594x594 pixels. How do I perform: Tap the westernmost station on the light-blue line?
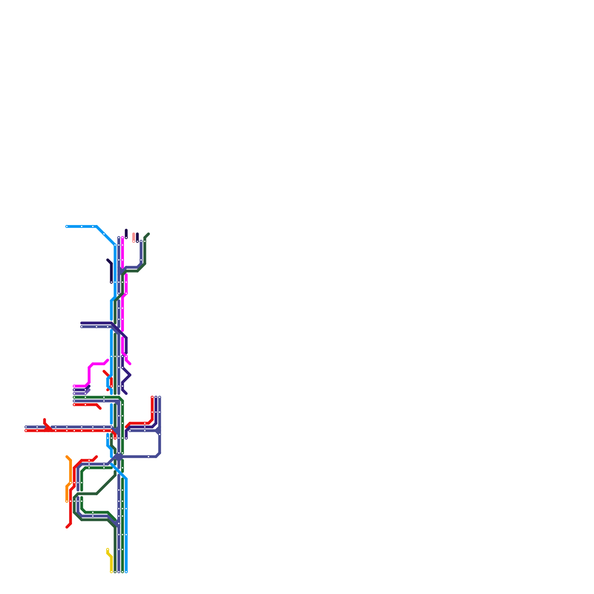pyautogui.click(x=67, y=226)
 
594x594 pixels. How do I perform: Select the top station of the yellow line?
pyautogui.click(x=108, y=549)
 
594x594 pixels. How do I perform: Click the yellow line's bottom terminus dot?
pyautogui.click(x=111, y=572)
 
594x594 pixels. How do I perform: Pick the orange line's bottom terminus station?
pyautogui.click(x=67, y=501)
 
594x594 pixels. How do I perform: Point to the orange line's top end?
pyautogui.click(x=67, y=457)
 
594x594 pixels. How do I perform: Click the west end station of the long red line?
pyautogui.click(x=26, y=431)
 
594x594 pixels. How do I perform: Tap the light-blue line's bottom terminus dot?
pyautogui.click(x=126, y=572)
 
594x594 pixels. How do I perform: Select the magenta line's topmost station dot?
pyautogui.click(x=123, y=238)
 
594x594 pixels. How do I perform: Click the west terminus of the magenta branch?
pyautogui.click(x=74, y=386)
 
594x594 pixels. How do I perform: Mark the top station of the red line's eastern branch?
pyautogui.click(x=152, y=397)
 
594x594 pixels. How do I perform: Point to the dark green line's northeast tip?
pyautogui.click(x=148, y=234)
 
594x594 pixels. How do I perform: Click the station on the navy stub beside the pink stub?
pyautogui.click(x=137, y=241)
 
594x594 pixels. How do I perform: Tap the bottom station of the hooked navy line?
pyautogui.click(x=111, y=282)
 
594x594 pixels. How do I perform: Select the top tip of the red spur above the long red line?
pyautogui.click(x=45, y=420)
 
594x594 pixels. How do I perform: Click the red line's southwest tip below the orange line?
pyautogui.click(x=67, y=527)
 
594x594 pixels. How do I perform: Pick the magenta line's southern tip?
pyautogui.click(x=130, y=364)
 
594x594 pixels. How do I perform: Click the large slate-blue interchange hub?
pyautogui.click(x=119, y=457)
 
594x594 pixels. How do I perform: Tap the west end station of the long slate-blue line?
pyautogui.click(x=26, y=427)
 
